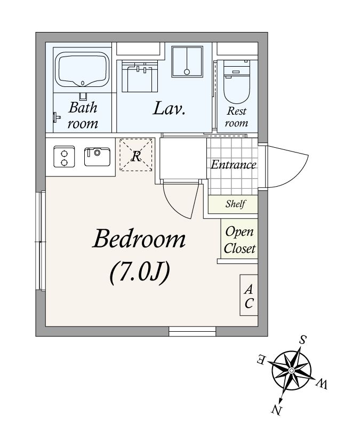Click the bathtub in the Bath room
pos(82,69)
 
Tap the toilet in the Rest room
pos(237,82)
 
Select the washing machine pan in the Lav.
pos(187,62)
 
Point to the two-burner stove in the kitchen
pos(64,157)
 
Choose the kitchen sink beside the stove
pos(97,157)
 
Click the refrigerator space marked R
pos(136,155)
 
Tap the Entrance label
pos(234,164)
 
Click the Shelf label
pos(236,204)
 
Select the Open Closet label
pos(239,240)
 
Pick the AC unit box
pos(249,295)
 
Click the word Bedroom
pos(139,239)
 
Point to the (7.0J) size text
pos(140,272)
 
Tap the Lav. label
pos(169,109)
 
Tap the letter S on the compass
pos(302,340)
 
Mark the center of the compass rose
pos(292,371)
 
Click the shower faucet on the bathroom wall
pos(57,117)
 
